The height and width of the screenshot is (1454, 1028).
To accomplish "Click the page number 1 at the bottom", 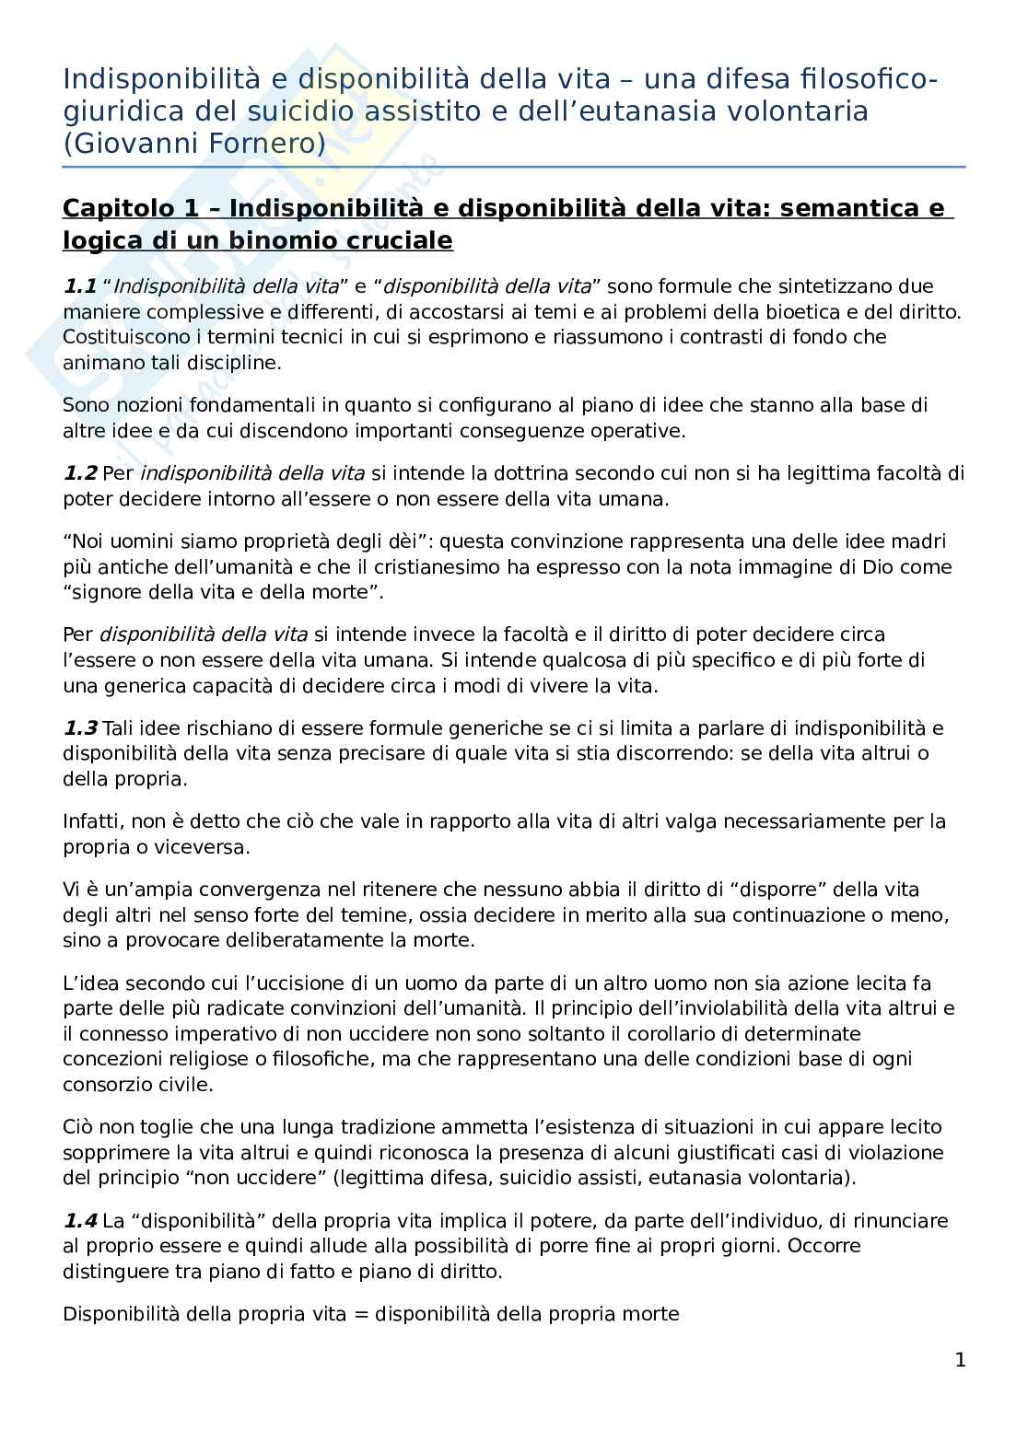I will tap(960, 1360).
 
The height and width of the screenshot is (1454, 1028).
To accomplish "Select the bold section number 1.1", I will tap(79, 286).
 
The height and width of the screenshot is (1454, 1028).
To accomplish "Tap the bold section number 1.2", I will tap(79, 473).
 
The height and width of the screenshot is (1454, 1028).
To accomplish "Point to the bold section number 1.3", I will tap(79, 728).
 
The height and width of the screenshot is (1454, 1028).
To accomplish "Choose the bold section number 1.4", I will tap(79, 1221).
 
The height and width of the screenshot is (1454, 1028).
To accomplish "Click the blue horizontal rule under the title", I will tap(514, 168).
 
